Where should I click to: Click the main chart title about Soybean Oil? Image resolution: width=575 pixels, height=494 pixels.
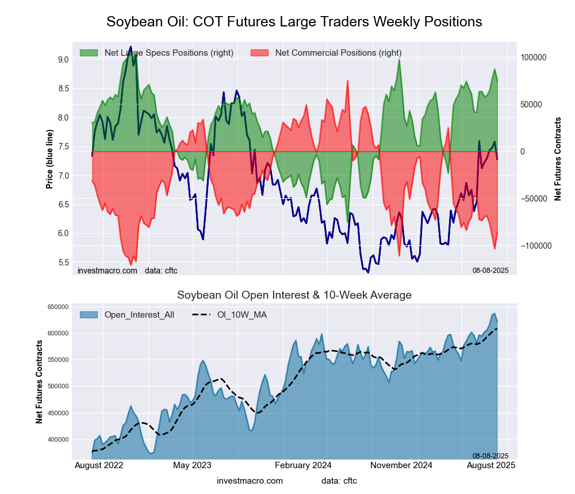coord(294,22)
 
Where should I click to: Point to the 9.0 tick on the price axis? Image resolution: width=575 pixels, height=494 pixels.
coord(63,60)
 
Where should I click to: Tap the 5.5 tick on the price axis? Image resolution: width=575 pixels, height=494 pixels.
coord(63,263)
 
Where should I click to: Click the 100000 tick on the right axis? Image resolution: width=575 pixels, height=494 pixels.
coord(534,58)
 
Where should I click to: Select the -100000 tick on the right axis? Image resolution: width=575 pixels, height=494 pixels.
coord(535,246)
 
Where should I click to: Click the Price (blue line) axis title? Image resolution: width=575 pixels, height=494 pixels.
coord(50,159)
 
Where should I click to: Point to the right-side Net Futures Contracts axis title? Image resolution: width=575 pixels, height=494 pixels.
coord(558,159)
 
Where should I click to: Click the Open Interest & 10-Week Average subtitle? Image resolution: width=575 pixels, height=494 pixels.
coord(294,295)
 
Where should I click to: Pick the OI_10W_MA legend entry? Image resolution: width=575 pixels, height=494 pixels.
coord(241,315)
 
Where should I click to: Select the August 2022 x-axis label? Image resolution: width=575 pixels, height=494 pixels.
coord(99,465)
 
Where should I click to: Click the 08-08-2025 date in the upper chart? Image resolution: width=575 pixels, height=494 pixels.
coord(486,270)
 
